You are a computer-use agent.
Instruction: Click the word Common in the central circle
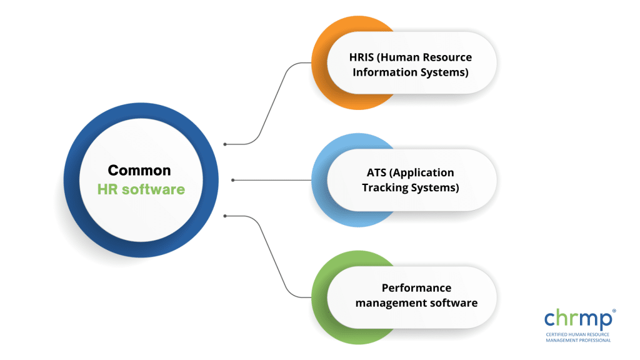(139, 170)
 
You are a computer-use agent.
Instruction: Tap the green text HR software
(141, 189)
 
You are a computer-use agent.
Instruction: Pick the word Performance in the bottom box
(416, 288)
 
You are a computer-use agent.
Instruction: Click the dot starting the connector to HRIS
(226, 144)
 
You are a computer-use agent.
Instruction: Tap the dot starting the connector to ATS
(233, 180)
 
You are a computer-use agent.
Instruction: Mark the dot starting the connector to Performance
(226, 216)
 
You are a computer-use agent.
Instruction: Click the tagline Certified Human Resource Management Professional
(579, 337)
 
